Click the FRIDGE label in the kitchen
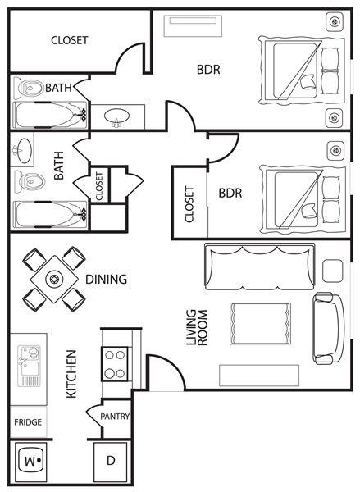pos(28,422)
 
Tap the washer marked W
pos(31,462)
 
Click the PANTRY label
pos(115,417)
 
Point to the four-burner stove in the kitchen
pos(115,364)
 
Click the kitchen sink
pos(30,366)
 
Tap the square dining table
pos(55,279)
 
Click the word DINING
pos(107,279)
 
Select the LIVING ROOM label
pos(197,328)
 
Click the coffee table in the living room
pos(260,324)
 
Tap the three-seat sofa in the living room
pos(260,266)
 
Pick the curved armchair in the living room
pos(328,329)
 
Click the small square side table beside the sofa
pos(332,271)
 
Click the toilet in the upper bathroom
pos(31,89)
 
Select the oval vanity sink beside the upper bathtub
pos(116,117)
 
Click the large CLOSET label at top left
pos(70,40)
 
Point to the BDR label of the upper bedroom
pos(208,70)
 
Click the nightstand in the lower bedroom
pos(335,151)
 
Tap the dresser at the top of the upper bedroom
pos(193,25)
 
